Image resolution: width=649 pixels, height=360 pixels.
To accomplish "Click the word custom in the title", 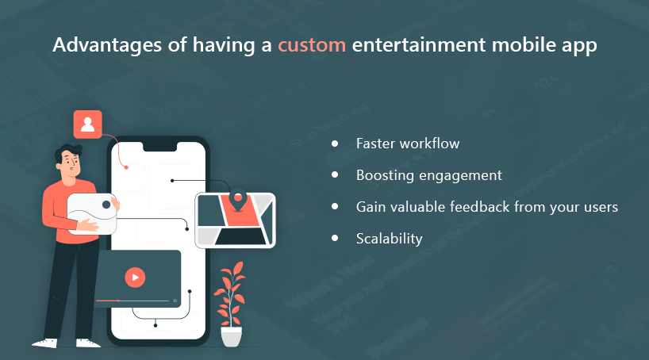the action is (x=312, y=44).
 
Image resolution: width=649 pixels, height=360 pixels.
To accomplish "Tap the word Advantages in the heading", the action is (x=107, y=45).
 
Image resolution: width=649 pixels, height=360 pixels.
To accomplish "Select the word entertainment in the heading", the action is (x=418, y=44).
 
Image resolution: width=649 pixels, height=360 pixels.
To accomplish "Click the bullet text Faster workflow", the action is (x=408, y=144).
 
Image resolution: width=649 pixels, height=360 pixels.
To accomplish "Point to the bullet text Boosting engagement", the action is (x=429, y=175).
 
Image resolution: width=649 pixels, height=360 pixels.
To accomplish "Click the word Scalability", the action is (x=389, y=239).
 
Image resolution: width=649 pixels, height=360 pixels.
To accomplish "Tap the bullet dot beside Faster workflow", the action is (x=335, y=144).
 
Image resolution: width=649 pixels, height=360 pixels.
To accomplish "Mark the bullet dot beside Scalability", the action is (x=335, y=238).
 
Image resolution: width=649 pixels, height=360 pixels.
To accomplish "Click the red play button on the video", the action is (x=135, y=278).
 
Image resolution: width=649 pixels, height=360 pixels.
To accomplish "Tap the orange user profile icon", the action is (x=88, y=124).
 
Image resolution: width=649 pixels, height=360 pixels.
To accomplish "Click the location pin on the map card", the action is (x=237, y=200).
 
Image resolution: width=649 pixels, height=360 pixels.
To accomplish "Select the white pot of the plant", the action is (x=232, y=336).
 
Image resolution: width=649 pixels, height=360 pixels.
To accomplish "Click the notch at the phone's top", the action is (x=160, y=147).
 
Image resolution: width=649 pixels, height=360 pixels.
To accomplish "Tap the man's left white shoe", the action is (x=45, y=343).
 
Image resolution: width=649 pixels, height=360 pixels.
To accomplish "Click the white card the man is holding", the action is (x=92, y=213).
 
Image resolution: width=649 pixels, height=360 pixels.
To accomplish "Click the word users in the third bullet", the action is (x=601, y=207).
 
